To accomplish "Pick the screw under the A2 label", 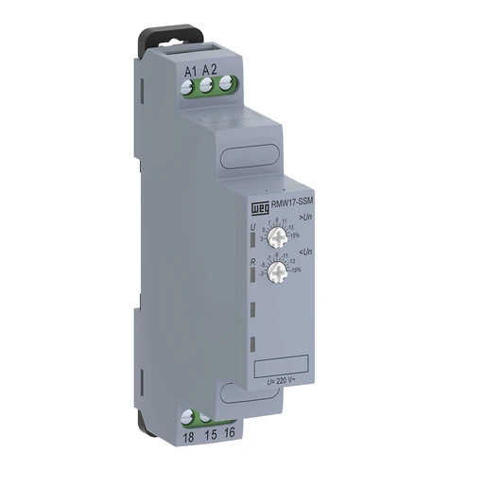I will tap(207, 88).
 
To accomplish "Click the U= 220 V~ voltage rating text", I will tap(284, 380).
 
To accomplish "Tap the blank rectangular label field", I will tap(282, 364).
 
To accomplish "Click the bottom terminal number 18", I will tap(189, 438).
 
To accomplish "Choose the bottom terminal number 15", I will tap(209, 438).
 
